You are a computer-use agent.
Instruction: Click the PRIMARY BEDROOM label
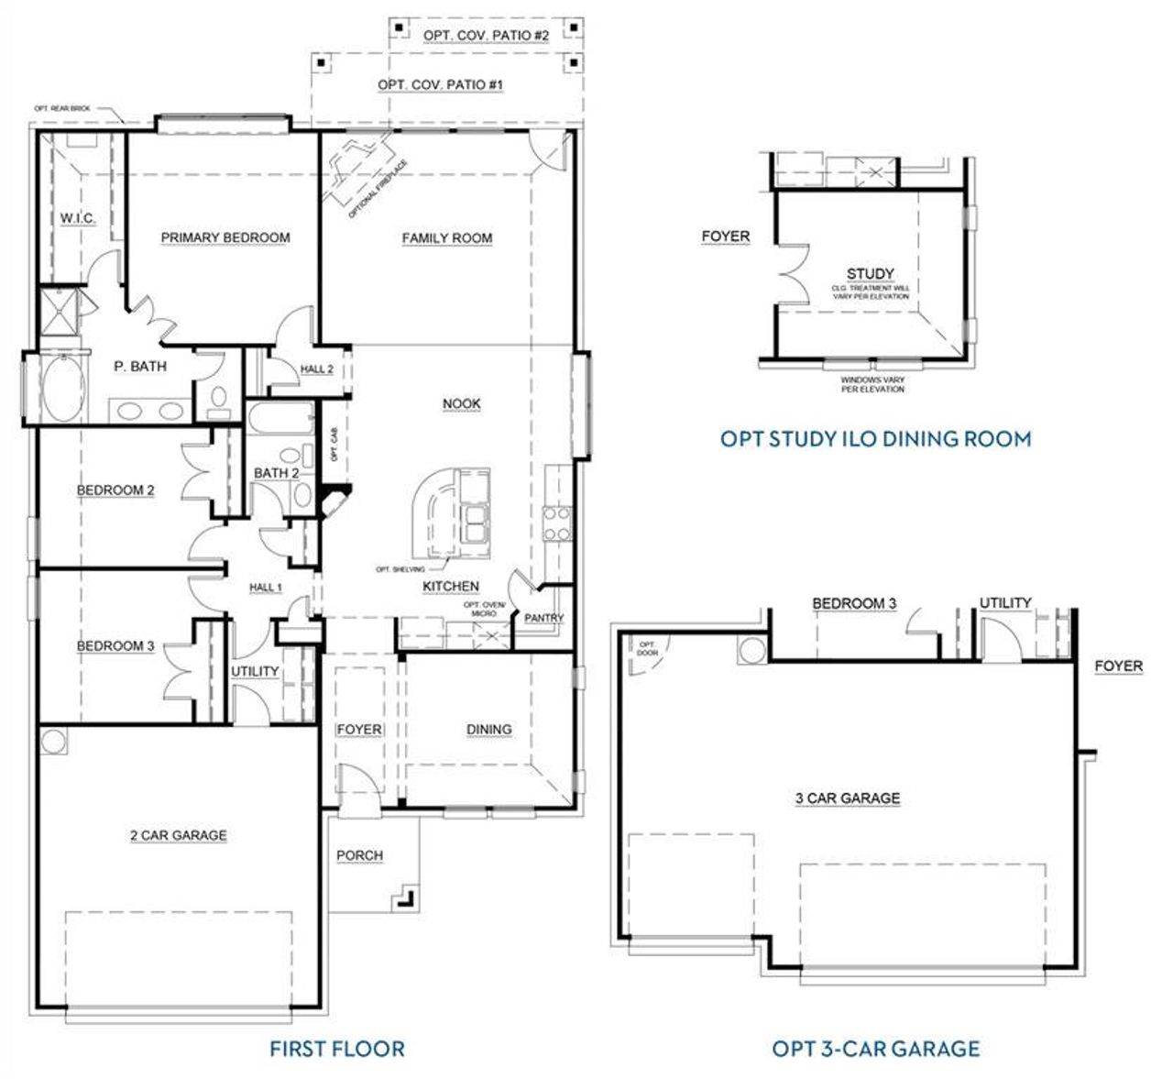click(x=225, y=237)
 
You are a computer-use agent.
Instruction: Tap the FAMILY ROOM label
click(x=447, y=238)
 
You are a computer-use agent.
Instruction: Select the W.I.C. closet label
click(x=78, y=218)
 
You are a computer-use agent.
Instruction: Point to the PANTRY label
click(x=543, y=618)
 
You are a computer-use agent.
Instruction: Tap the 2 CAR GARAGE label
click(x=178, y=835)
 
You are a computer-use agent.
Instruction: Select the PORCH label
click(x=359, y=855)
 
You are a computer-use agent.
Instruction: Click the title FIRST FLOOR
click(x=336, y=1048)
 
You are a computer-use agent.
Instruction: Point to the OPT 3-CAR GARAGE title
click(x=875, y=1048)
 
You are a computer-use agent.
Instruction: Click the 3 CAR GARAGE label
click(x=848, y=798)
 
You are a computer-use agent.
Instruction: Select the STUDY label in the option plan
click(x=870, y=273)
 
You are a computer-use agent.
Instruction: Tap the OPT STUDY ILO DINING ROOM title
click(x=875, y=439)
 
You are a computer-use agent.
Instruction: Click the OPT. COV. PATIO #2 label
click(x=486, y=35)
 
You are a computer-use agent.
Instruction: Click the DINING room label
click(x=488, y=730)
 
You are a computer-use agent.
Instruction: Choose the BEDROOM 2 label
click(x=115, y=490)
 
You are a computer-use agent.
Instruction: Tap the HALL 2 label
click(x=317, y=369)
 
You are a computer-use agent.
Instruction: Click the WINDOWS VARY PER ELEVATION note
click(x=872, y=384)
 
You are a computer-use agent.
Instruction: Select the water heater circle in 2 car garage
click(x=51, y=740)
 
